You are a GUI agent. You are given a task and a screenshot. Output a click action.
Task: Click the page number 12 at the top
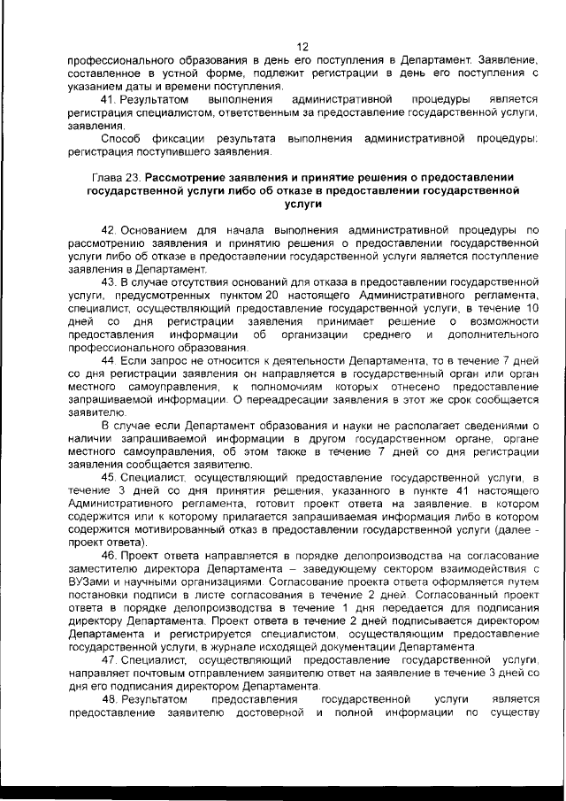(x=301, y=47)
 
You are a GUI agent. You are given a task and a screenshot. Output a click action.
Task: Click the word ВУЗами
(x=89, y=583)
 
